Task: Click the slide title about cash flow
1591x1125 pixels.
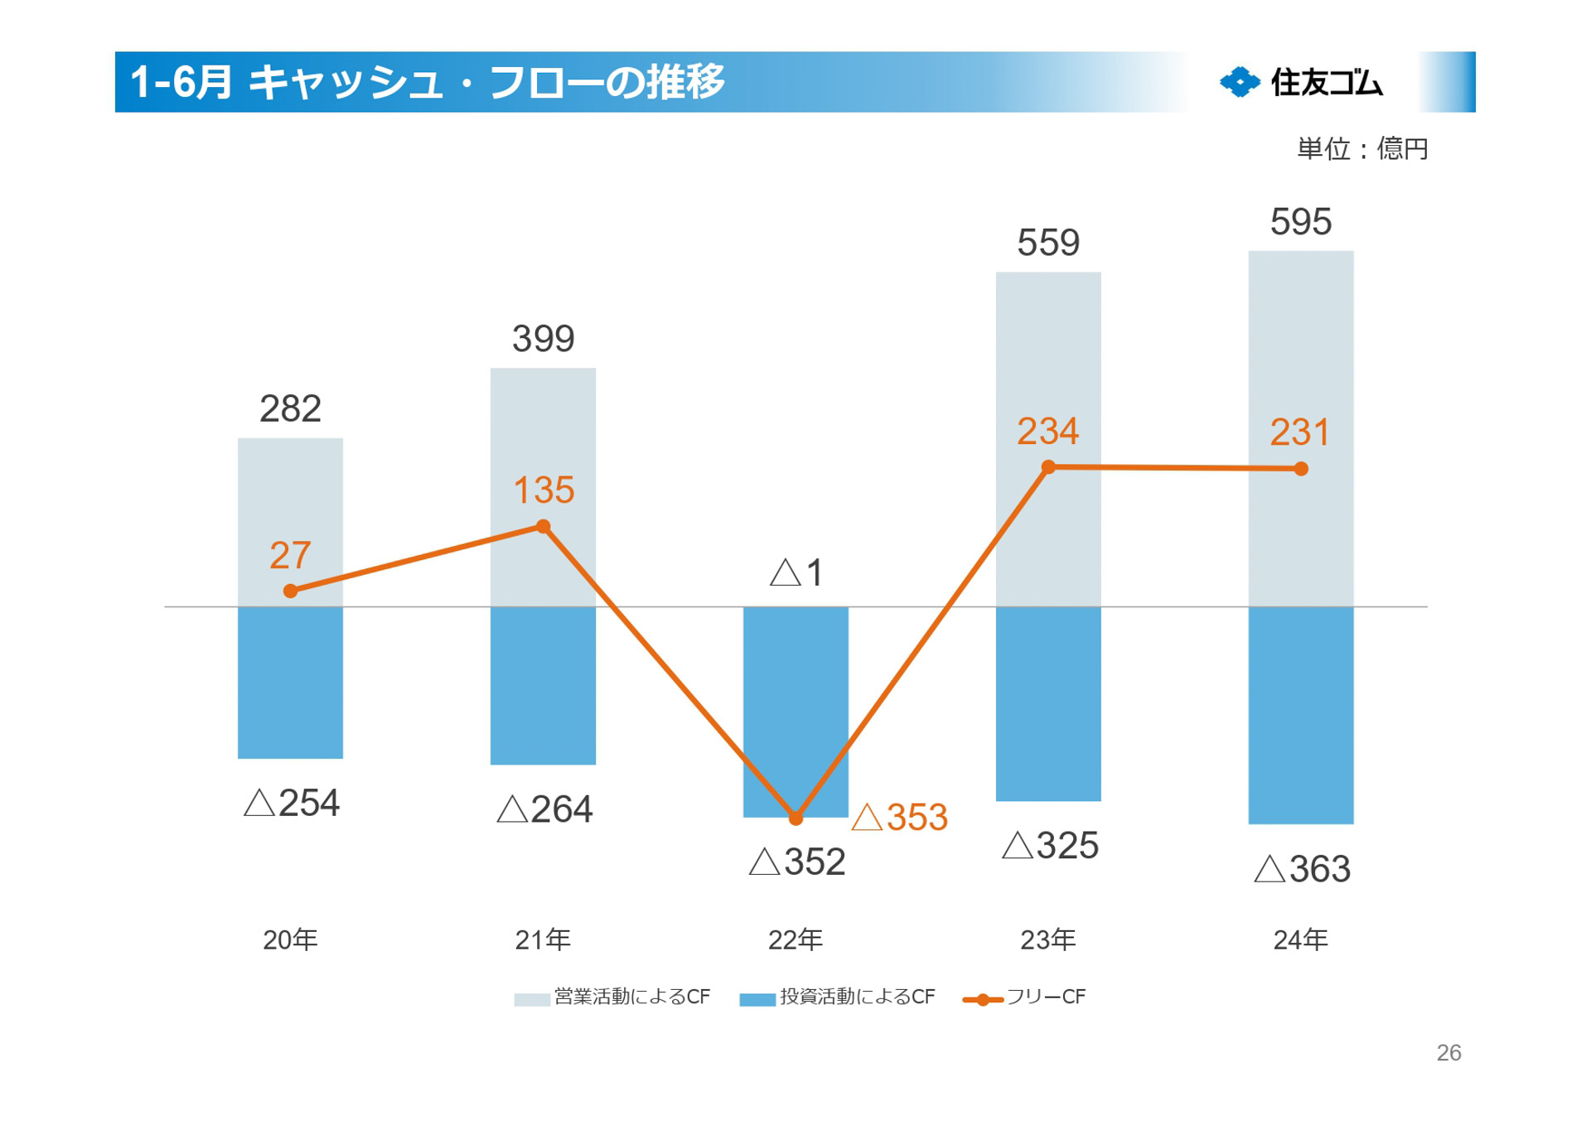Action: tap(428, 82)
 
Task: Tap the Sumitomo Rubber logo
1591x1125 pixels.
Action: tap(1300, 82)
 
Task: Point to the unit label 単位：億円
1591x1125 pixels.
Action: tap(1361, 149)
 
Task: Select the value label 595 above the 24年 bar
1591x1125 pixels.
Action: tap(1300, 222)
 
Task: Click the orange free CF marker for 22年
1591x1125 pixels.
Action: tap(795, 818)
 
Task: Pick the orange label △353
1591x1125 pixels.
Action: tap(900, 818)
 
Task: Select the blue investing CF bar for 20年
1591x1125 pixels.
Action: tap(290, 682)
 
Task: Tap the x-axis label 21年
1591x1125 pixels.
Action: tap(543, 939)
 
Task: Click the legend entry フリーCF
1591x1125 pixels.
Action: tap(1025, 997)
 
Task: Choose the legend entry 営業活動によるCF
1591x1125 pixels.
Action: tap(612, 997)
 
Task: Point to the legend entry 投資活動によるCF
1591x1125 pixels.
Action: tap(838, 997)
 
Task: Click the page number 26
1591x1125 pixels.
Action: tap(1448, 1052)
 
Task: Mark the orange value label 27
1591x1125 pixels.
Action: tap(290, 555)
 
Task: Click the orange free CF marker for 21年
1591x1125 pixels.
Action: tap(543, 526)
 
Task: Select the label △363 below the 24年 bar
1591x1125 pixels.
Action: tap(1302, 869)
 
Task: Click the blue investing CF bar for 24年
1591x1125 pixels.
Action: tap(1300, 715)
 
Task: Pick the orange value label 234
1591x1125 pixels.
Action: tap(1048, 432)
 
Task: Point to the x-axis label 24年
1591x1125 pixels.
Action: tap(1300, 939)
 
